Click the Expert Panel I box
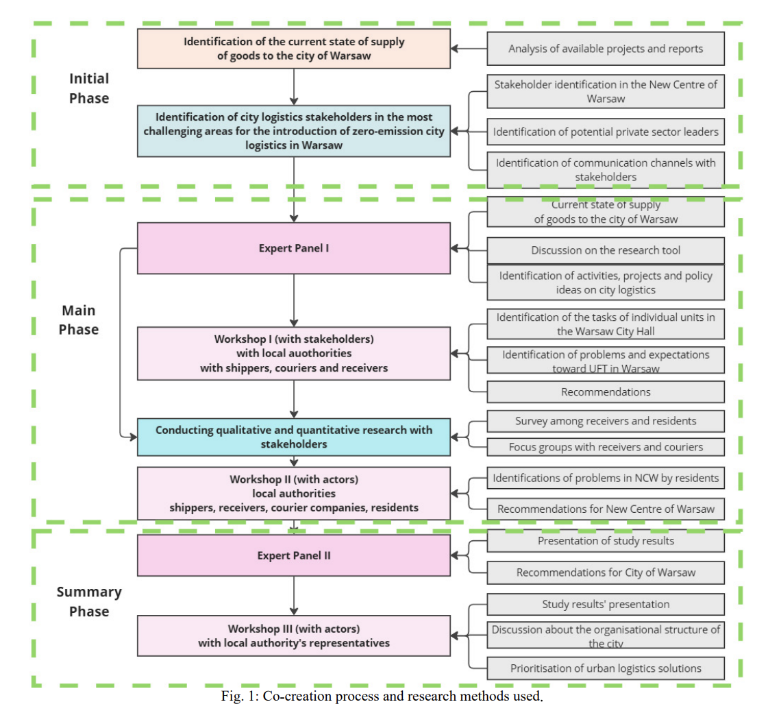294,248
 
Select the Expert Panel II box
294,555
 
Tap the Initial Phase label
88,88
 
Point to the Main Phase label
79,319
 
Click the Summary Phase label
89,601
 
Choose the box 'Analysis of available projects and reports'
606,49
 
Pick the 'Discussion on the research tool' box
606,250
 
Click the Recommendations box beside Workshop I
606,392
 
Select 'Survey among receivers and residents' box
606,421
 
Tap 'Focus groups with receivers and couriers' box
606,447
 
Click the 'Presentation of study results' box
606,541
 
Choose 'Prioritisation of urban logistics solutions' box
606,668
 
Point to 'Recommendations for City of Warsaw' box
606,572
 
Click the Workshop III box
294,636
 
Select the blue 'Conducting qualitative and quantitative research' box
294,437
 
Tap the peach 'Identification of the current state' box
294,49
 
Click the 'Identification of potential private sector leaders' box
606,132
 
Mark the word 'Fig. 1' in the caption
238,696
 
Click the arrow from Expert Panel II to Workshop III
294,596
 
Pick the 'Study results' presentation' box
606,604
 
